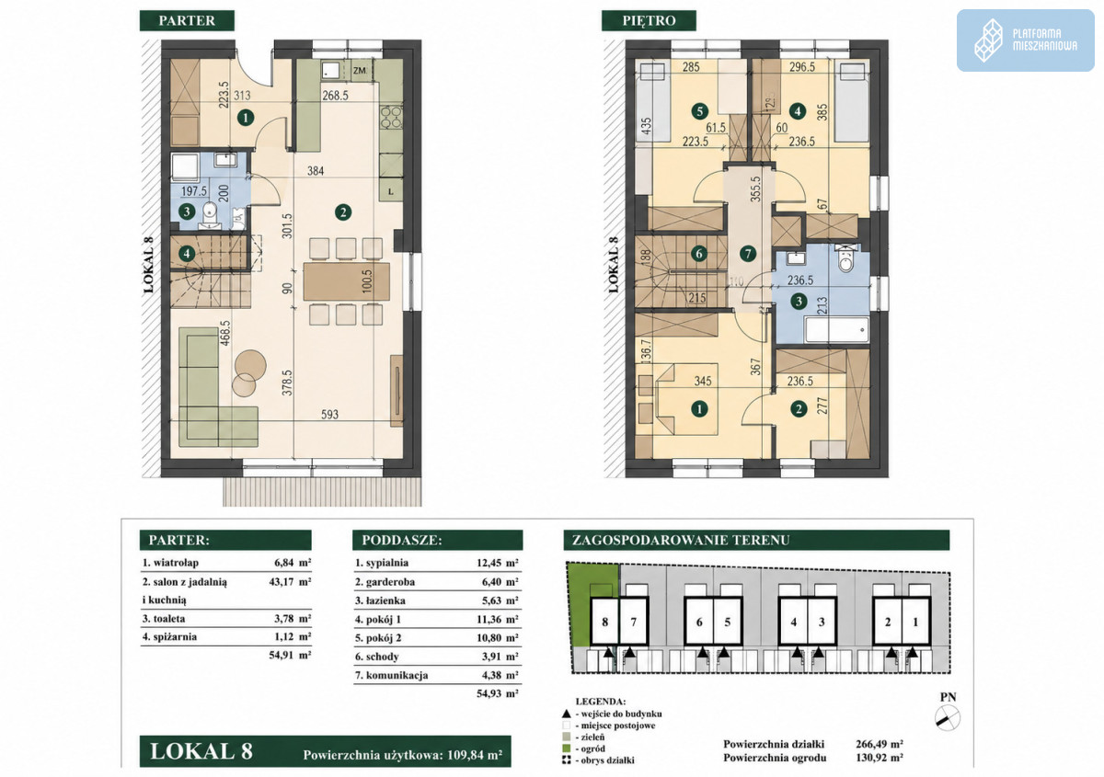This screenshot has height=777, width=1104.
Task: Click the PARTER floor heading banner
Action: pyautogui.click(x=187, y=21)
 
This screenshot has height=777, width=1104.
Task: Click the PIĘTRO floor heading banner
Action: pyautogui.click(x=649, y=21)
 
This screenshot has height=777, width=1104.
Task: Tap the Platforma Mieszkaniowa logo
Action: pyautogui.click(x=1026, y=40)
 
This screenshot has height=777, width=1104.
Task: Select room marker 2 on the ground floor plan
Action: pyautogui.click(x=343, y=212)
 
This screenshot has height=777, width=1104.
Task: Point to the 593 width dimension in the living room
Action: pyautogui.click(x=329, y=415)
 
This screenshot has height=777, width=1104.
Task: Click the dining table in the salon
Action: pyautogui.click(x=347, y=281)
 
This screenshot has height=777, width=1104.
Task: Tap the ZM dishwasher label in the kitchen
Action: pyautogui.click(x=360, y=71)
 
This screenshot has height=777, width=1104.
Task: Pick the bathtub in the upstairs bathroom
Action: pyautogui.click(x=837, y=329)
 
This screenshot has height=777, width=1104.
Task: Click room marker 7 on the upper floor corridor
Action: pyautogui.click(x=748, y=254)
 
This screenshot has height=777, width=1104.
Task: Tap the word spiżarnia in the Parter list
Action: pyautogui.click(x=175, y=636)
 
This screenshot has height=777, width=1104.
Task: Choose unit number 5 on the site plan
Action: pyautogui.click(x=728, y=622)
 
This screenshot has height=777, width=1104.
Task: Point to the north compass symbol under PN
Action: pyautogui.click(x=948, y=718)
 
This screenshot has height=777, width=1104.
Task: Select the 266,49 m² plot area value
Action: pyautogui.click(x=880, y=744)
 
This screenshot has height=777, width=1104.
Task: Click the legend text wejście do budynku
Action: pyautogui.click(x=621, y=714)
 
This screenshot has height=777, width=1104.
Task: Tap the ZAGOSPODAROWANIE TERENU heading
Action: pyautogui.click(x=681, y=540)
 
